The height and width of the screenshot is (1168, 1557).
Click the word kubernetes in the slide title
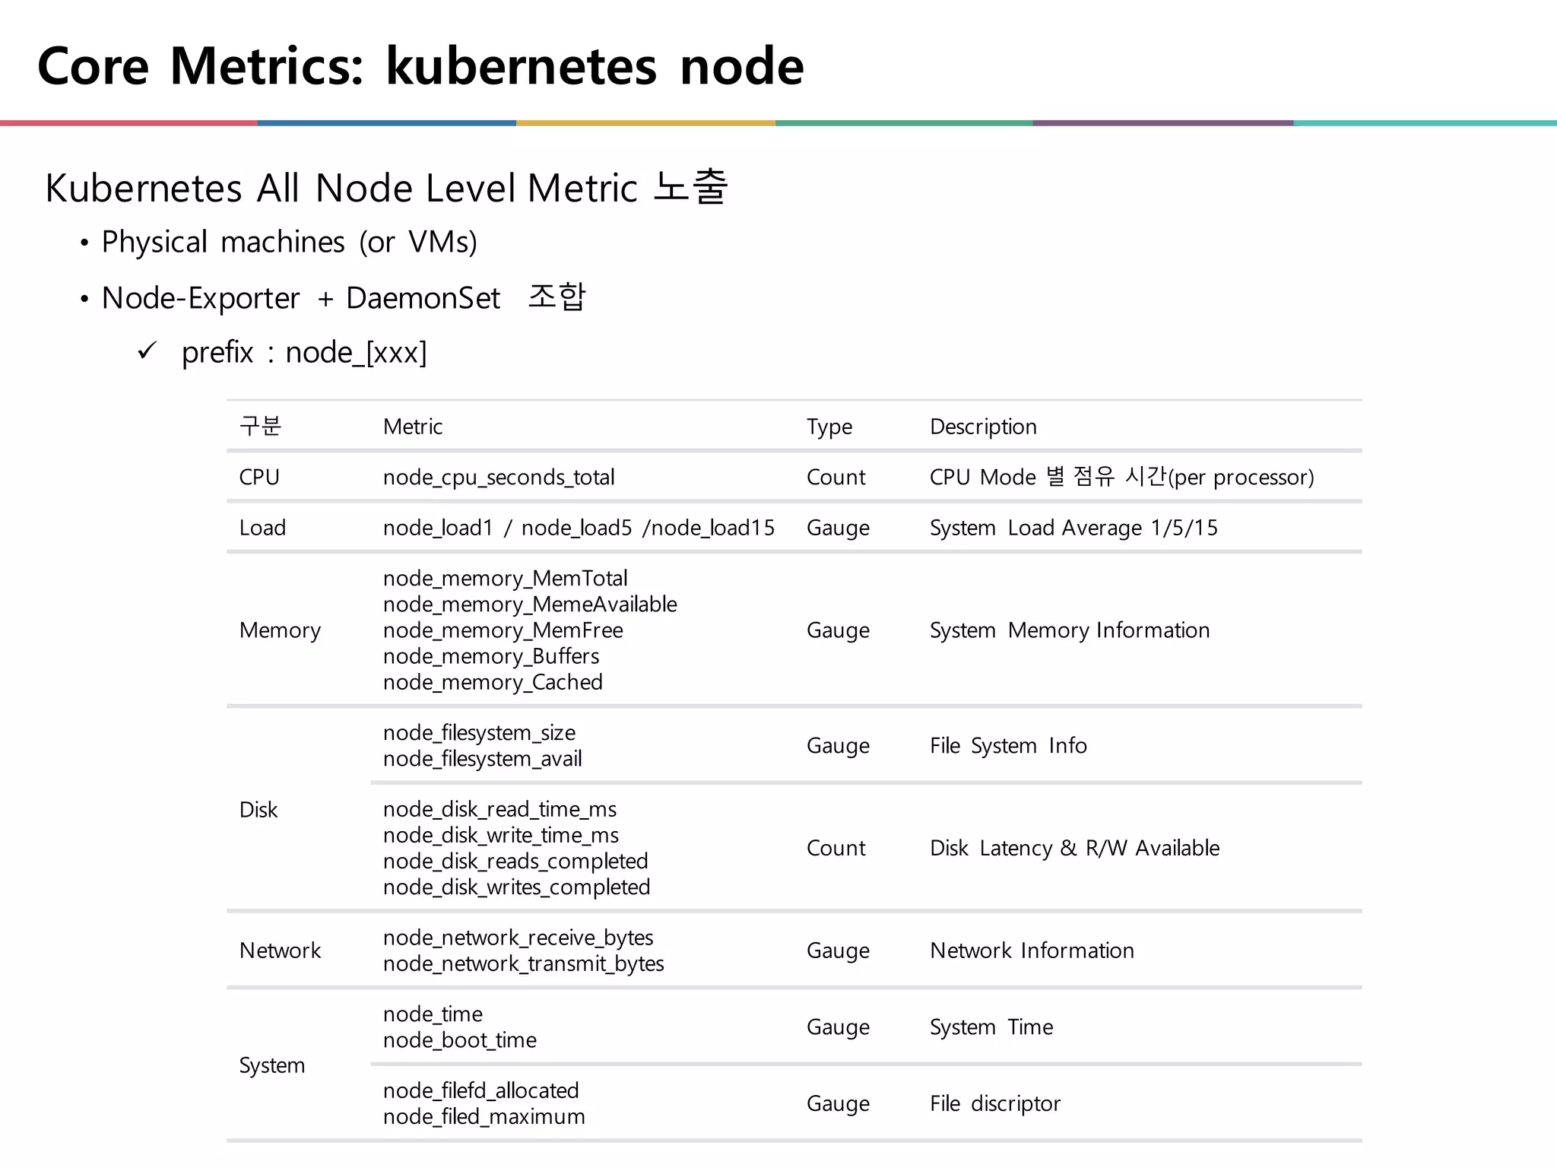click(x=521, y=66)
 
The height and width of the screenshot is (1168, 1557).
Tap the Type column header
click(x=829, y=427)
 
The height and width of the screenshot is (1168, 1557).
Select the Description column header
click(x=983, y=427)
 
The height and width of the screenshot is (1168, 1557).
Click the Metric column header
click(x=412, y=427)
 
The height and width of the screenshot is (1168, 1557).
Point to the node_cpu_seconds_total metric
click(x=499, y=478)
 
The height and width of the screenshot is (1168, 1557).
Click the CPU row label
click(x=259, y=478)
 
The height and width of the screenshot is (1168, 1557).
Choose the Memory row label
click(x=280, y=630)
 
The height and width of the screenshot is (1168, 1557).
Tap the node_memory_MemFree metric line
click(x=503, y=630)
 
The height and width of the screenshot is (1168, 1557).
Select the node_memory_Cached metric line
click(x=493, y=682)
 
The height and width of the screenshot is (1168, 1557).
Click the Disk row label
click(x=258, y=810)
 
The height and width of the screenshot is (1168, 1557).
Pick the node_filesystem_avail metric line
click(x=482, y=759)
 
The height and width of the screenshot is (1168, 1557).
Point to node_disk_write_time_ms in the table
click(x=500, y=836)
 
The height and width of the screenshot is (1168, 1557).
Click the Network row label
click(x=280, y=951)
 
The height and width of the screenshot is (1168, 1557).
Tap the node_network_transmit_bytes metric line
click(x=523, y=964)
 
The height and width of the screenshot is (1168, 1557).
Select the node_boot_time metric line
click(x=459, y=1040)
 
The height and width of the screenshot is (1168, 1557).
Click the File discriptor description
click(x=994, y=1103)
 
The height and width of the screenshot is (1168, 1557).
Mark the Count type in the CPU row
click(x=836, y=478)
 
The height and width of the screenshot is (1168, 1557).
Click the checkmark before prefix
click(x=147, y=351)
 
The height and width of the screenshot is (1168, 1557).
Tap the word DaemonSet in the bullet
click(x=423, y=298)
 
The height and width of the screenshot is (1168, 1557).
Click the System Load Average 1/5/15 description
click(x=1073, y=528)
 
